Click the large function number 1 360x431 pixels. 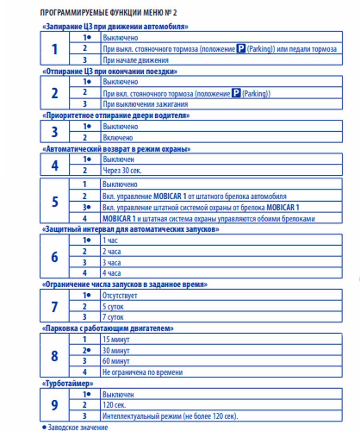[x=55, y=49]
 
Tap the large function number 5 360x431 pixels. [x=55, y=201]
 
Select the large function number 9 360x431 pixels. [x=55, y=405]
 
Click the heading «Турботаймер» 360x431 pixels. [x=68, y=383]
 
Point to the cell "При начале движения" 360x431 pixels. [x=135, y=60]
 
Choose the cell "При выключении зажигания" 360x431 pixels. [x=145, y=104]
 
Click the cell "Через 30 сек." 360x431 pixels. [x=122, y=170]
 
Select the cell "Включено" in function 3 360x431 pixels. [x=118, y=138]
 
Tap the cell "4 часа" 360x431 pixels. [x=112, y=273]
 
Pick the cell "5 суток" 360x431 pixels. [x=113, y=307]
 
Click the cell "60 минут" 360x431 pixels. [x=116, y=361]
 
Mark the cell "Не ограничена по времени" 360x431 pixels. [x=142, y=372]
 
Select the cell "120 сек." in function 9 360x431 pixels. [x=114, y=405]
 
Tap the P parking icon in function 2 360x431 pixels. [x=237, y=93]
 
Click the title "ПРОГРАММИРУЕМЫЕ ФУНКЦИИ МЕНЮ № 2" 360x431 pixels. [x=108, y=12]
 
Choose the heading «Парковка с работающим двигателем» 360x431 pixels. [x=108, y=328]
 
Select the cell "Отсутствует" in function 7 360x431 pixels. [x=120, y=296]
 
